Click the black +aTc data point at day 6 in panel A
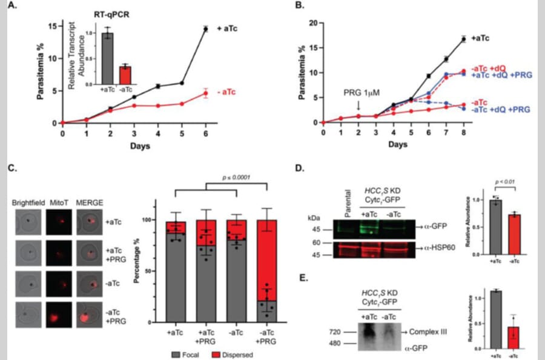click(205, 28)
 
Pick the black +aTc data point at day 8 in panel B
click(464, 39)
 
